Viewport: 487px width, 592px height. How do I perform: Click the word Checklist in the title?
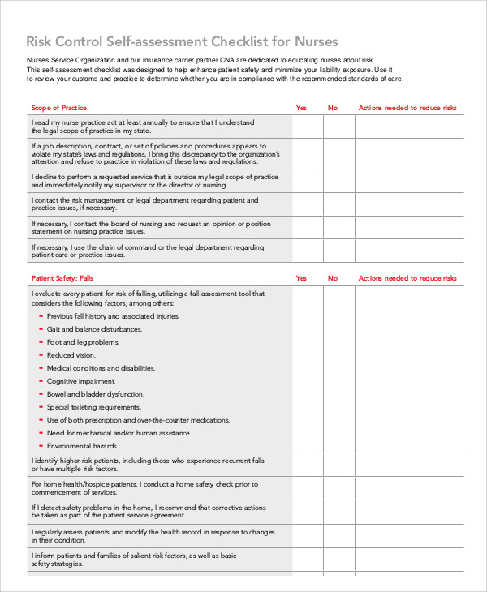tap(238, 41)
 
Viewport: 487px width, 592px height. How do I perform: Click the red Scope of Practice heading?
tap(58, 108)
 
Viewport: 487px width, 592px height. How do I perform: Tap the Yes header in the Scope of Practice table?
tap(301, 108)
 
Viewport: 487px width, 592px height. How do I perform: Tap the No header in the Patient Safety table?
tap(333, 278)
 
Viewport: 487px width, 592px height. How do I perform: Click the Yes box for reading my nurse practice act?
tap(307, 126)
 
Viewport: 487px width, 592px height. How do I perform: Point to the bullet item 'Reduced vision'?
tap(71, 355)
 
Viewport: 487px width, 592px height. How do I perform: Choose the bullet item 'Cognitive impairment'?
tap(81, 381)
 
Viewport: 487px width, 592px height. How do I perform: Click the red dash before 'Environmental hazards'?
tap(40, 446)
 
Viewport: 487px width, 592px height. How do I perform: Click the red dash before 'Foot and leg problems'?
tap(40, 342)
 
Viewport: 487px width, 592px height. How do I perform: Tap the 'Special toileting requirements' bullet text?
tap(94, 407)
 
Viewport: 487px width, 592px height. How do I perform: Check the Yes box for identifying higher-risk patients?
tap(307, 465)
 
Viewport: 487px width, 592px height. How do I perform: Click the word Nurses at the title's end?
tap(314, 41)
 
